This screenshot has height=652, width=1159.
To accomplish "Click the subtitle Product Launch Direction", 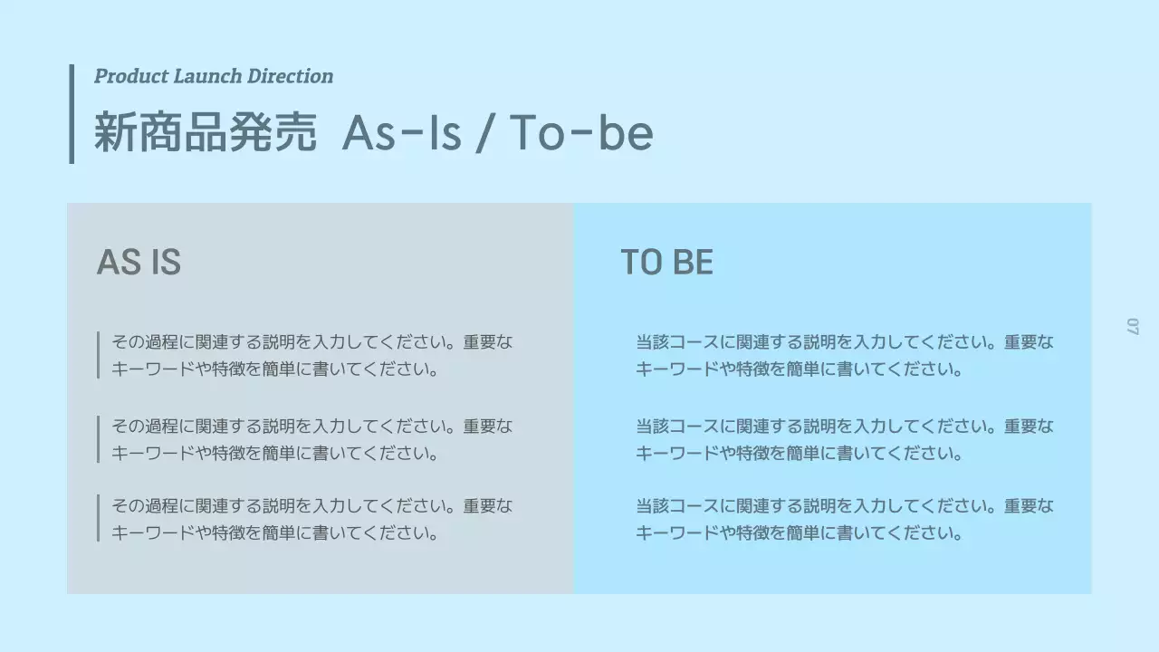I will coord(214,76).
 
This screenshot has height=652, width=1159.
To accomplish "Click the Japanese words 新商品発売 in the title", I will coord(206,133).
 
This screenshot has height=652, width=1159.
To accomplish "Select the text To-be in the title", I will coord(580,133).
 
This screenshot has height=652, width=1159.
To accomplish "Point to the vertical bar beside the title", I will coord(72,113).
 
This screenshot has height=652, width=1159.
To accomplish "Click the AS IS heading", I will coord(139,263).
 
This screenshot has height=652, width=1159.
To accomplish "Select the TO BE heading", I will coord(666,263).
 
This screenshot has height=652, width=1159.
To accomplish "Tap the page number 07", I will coord(1132,326).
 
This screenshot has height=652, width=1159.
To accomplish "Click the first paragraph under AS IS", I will coord(311,356).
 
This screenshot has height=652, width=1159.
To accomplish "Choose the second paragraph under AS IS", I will coord(311,439).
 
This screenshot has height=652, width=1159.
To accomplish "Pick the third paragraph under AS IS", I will coord(311,519).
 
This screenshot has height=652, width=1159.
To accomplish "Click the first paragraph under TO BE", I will coord(844,356).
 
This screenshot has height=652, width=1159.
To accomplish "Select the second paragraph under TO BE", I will coord(844,439).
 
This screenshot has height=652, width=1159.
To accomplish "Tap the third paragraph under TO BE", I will coord(844,519).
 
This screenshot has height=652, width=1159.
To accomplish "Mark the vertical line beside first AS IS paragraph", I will coord(98,355).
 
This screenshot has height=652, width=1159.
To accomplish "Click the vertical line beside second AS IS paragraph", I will coord(98,439).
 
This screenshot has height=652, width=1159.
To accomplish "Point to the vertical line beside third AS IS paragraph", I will coord(98,518).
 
